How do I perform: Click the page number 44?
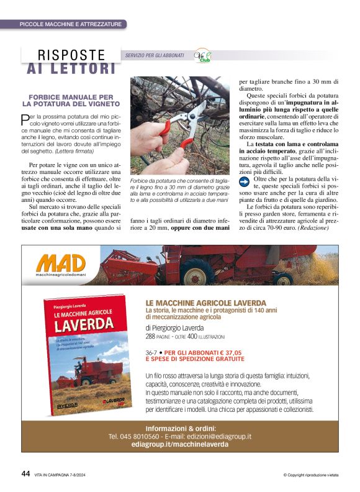coord(25,473)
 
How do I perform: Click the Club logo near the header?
coord(203,55)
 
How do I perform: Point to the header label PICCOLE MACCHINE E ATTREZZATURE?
coord(70,24)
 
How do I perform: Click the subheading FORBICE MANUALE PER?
coord(71,98)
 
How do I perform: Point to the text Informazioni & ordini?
coord(180,428)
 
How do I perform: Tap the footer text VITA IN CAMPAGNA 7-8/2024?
coord(65,474)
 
